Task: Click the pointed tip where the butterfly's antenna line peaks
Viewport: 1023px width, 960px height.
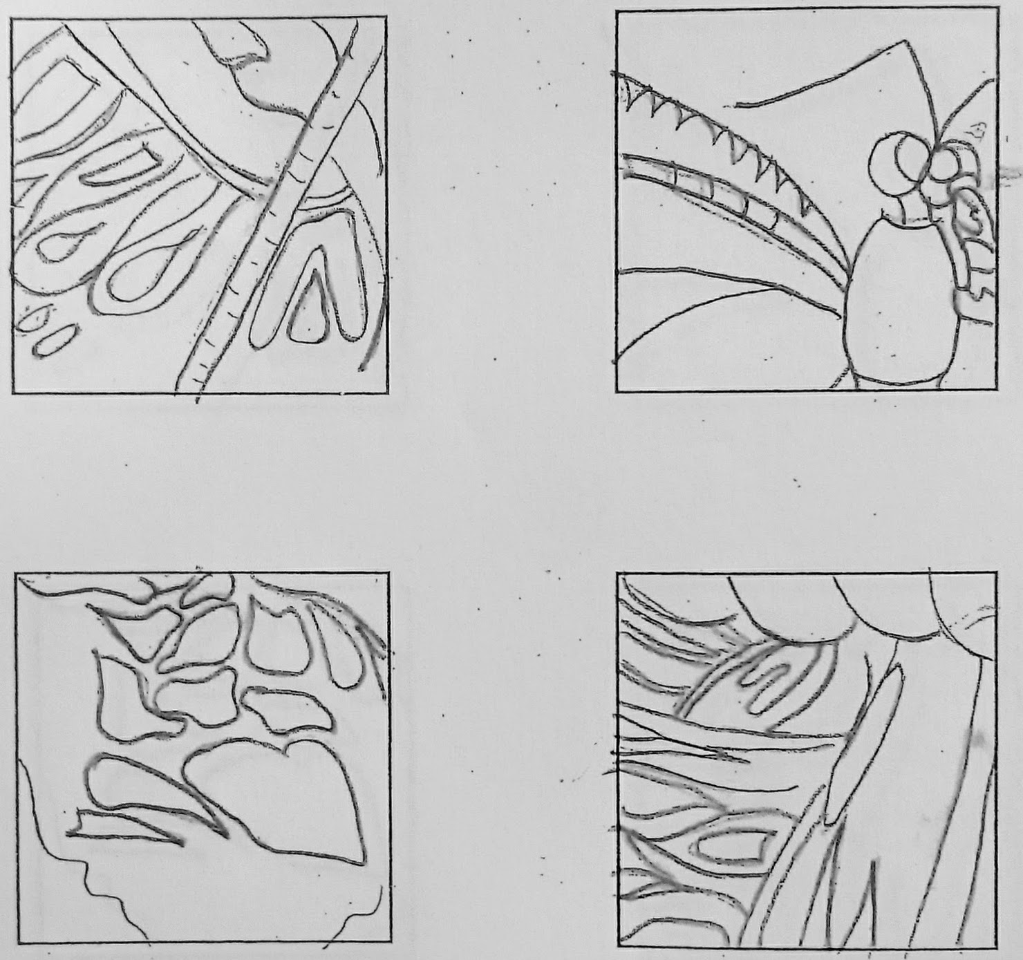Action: (905, 43)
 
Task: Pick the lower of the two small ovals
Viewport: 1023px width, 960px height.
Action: (53, 340)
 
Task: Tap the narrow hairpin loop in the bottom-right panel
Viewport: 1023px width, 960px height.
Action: (767, 684)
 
